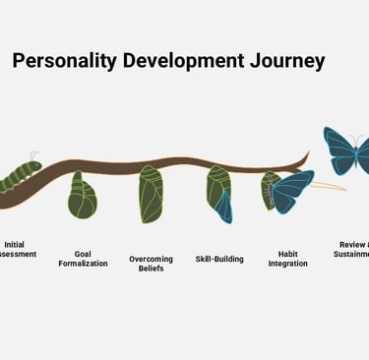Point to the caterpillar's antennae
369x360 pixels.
pyautogui.click(x=35, y=155)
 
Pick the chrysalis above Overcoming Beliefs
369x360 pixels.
pyautogui.click(x=150, y=194)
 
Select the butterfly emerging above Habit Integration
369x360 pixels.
pyautogui.click(x=287, y=191)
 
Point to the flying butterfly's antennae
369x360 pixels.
pyautogui.click(x=356, y=139)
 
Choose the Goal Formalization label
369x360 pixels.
pyautogui.click(x=83, y=259)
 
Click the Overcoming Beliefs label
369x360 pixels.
pyautogui.click(x=151, y=264)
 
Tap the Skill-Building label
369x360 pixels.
pyautogui.click(x=219, y=259)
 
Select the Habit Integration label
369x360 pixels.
pyautogui.click(x=287, y=259)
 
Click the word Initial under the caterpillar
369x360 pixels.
pyautogui.click(x=15, y=244)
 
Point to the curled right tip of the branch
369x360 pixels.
pyautogui.click(x=306, y=155)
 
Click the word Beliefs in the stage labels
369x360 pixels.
pyautogui.click(x=151, y=269)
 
